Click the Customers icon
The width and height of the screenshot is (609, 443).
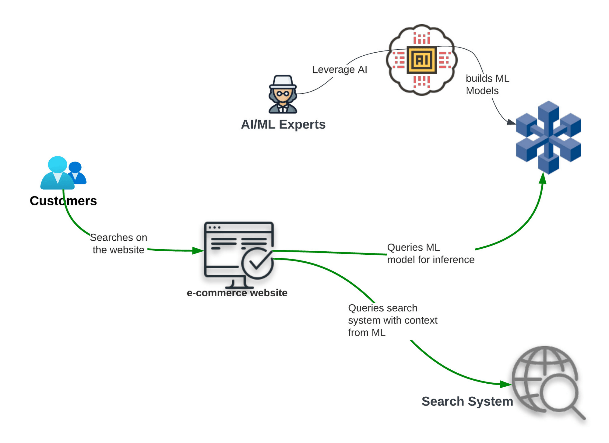click(x=63, y=173)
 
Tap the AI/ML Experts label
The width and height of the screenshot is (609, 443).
click(x=283, y=124)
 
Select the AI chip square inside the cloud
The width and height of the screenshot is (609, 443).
click(x=422, y=60)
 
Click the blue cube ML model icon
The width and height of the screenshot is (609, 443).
click(x=548, y=138)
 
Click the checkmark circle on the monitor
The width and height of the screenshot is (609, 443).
click(x=257, y=263)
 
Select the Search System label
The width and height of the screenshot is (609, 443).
click(x=467, y=401)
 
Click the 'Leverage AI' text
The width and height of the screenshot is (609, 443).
click(x=340, y=70)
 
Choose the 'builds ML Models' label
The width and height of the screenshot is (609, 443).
click(x=487, y=85)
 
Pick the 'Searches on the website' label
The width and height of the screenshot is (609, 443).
click(x=118, y=243)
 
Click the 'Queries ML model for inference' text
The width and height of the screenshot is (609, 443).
click(x=431, y=253)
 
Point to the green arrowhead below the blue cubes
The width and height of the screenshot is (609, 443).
click(x=543, y=179)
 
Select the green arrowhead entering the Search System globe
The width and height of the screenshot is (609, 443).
click(x=506, y=384)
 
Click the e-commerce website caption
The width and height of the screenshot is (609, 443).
click(x=237, y=293)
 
